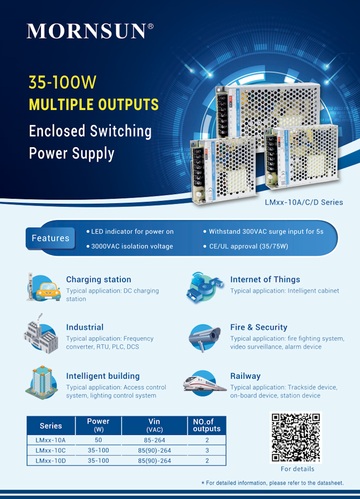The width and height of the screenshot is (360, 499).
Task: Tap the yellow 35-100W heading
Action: point(62,82)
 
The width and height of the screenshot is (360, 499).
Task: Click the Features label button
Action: point(51,238)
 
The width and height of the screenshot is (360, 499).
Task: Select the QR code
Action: point(296,437)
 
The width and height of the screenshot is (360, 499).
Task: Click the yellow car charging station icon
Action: point(43,288)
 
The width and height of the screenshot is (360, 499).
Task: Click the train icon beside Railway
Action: point(205,383)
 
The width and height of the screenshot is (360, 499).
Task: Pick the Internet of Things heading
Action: point(265,279)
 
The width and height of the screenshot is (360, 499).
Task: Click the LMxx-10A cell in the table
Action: point(51,440)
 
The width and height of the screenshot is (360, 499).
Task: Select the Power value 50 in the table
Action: point(98,440)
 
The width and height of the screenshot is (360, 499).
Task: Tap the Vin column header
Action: point(154,425)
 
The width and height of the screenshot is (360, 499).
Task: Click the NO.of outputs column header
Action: point(207,425)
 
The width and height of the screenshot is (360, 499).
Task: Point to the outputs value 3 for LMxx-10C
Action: point(207,450)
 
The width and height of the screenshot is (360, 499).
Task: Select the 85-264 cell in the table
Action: point(154,440)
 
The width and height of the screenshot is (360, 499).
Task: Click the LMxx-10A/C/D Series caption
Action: point(304,202)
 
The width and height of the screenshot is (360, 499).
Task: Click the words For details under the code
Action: point(297,469)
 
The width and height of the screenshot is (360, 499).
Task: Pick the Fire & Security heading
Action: point(259,327)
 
